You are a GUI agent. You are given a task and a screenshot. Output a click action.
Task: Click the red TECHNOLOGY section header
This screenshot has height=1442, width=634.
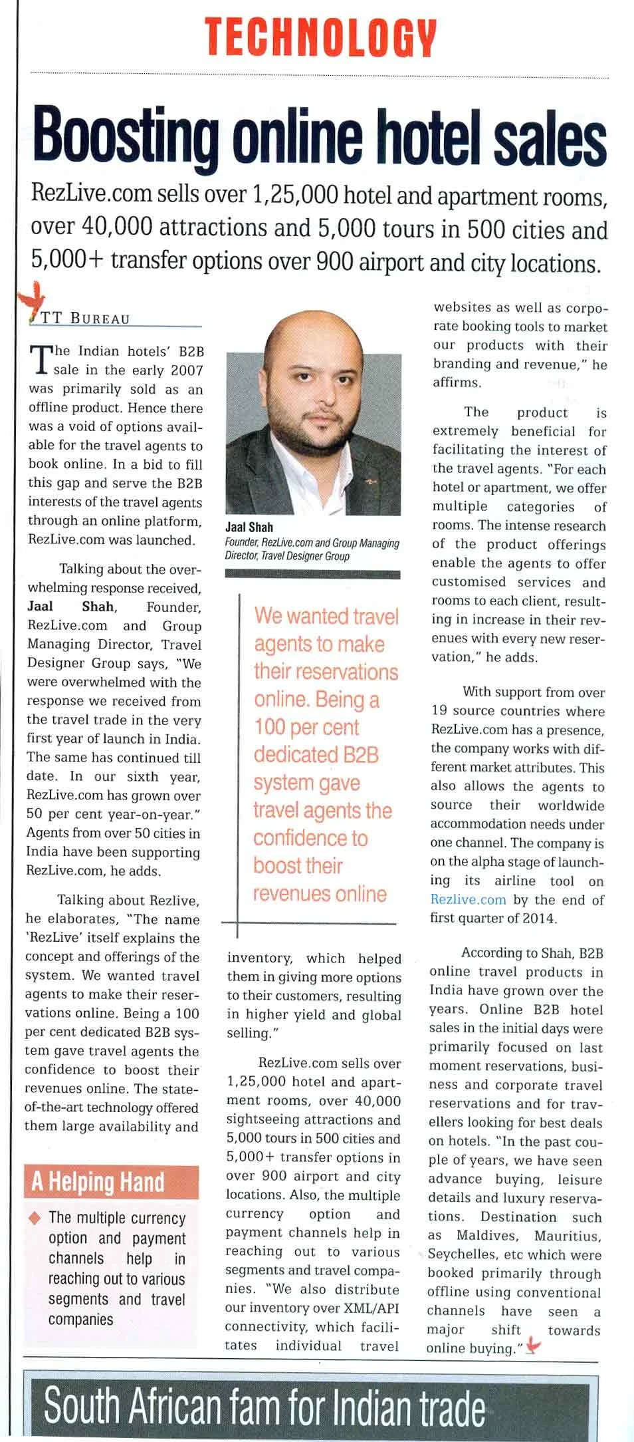tap(320, 37)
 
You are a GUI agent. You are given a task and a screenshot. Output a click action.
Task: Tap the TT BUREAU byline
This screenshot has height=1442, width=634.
tap(86, 318)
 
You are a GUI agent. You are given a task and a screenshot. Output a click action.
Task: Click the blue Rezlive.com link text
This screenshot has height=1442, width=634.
tap(468, 900)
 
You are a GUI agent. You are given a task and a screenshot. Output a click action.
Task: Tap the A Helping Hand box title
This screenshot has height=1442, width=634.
tap(98, 1182)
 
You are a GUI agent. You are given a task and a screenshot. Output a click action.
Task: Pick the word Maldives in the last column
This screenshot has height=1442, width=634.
tap(488, 1236)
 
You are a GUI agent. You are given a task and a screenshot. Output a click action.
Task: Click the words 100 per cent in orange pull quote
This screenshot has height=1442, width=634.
tap(307, 727)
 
